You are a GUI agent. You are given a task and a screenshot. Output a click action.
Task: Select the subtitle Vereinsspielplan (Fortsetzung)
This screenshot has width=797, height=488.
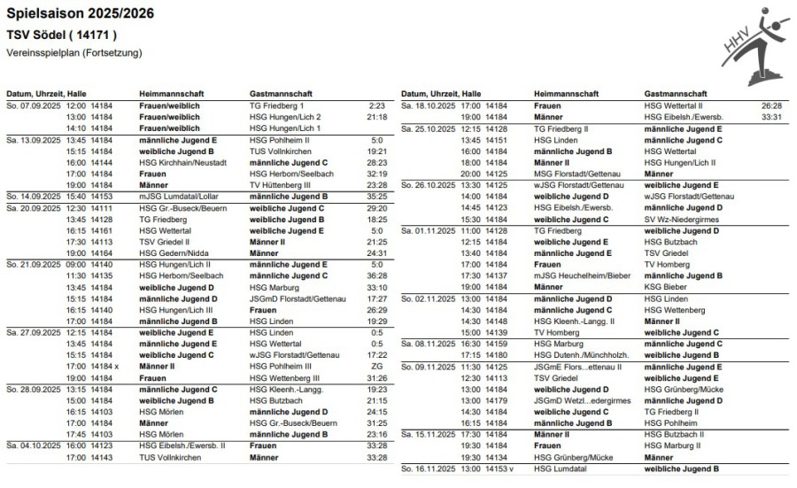coord(74,53)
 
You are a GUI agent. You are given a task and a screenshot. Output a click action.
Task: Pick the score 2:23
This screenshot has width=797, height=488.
coord(377,105)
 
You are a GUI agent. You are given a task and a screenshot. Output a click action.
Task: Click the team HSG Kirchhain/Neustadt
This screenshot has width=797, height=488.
coord(178,163)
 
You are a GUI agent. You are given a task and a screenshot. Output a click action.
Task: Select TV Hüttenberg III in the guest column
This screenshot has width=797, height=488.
coord(286,185)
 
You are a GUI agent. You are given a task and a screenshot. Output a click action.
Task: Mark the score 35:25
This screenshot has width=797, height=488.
coord(377,197)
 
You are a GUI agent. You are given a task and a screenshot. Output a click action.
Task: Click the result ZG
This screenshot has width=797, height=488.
coord(377,367)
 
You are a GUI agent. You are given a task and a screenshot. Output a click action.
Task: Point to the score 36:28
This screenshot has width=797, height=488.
coord(377,275)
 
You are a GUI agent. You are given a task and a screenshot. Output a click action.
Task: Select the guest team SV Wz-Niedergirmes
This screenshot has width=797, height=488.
coord(686,219)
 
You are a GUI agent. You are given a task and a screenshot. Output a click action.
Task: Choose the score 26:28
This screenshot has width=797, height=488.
coord(772,105)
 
